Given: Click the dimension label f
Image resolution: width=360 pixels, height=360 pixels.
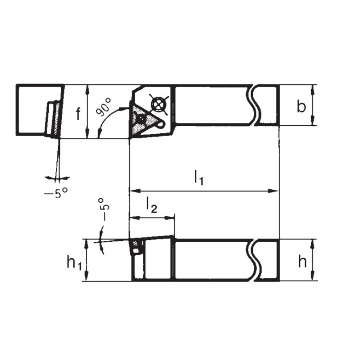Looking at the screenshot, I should (79, 113).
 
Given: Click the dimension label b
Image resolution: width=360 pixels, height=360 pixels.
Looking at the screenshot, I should (300, 107).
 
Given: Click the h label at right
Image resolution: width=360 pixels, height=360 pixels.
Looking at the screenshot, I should (301, 262).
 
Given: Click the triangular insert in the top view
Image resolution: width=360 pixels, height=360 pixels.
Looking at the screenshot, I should (142, 118).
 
